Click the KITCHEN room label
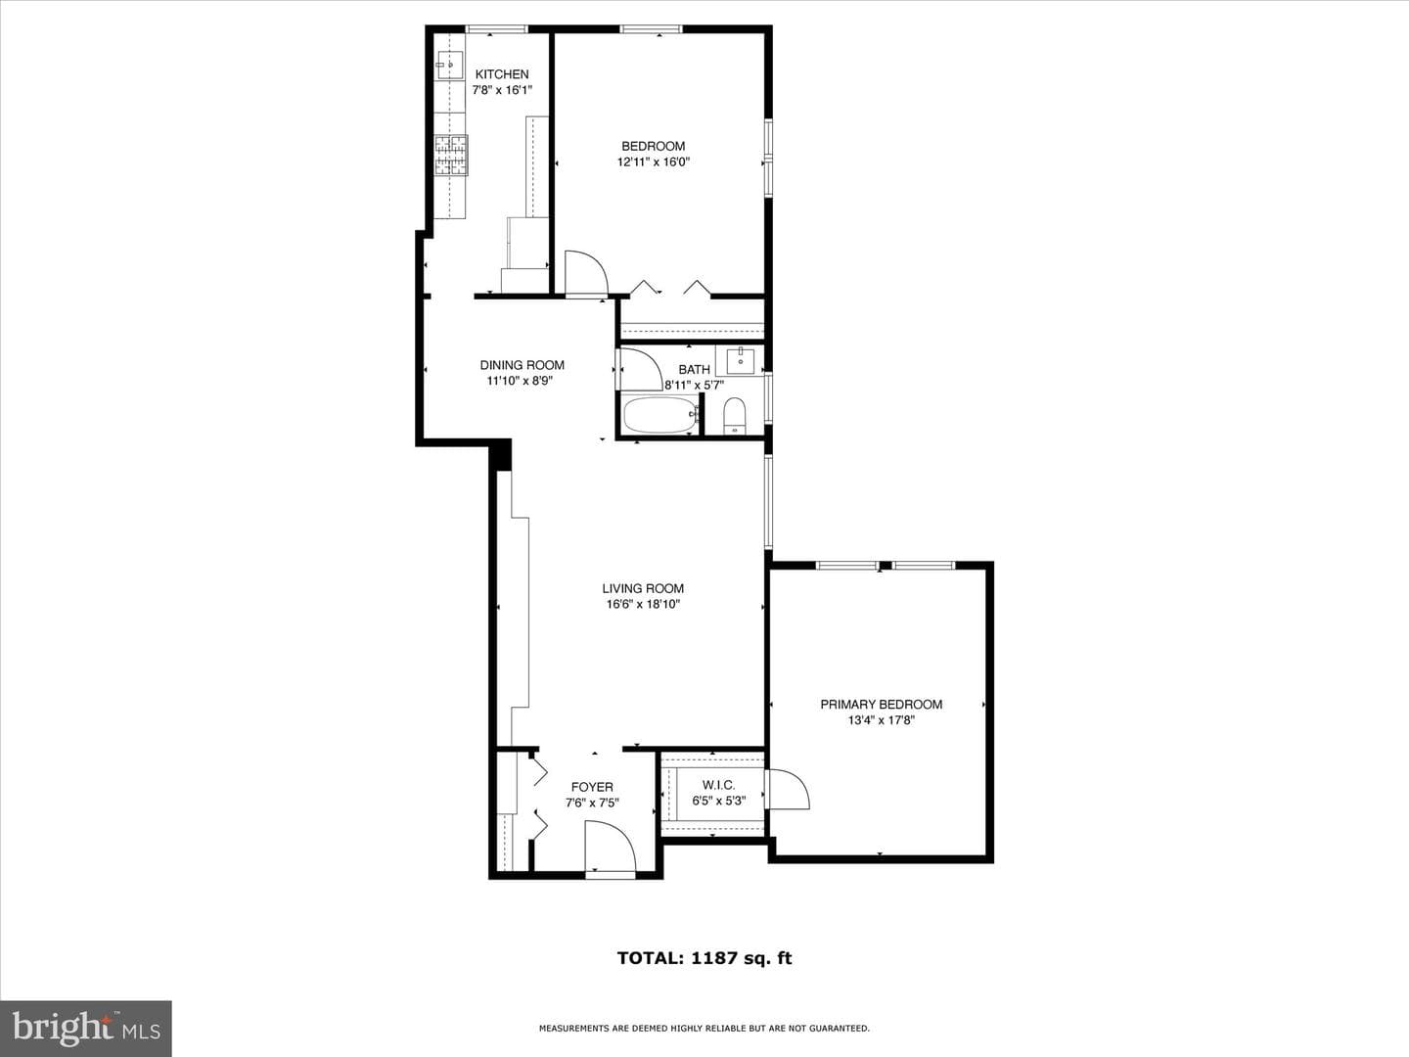502,74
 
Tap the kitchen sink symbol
451,65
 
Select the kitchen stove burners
451,156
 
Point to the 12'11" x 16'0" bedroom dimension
653,161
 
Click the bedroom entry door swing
586,274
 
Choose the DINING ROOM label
522,365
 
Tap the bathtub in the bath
660,415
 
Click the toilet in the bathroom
735,416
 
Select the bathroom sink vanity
740,361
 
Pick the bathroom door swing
639,368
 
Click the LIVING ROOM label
643,588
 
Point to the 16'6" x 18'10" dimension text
643,604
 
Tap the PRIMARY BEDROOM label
881,705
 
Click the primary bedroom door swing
789,789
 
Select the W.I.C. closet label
718,786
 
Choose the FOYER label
592,788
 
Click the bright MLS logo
86,1028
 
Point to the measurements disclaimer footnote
704,1029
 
